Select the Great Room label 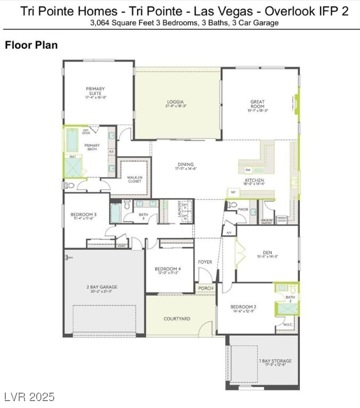coord(257,104)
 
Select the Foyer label coord(205,262)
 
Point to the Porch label coord(205,288)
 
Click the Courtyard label coord(177,319)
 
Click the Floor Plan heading coord(31,45)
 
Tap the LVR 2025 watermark coord(29,397)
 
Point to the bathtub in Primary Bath coord(71,141)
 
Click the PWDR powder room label coord(243,210)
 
